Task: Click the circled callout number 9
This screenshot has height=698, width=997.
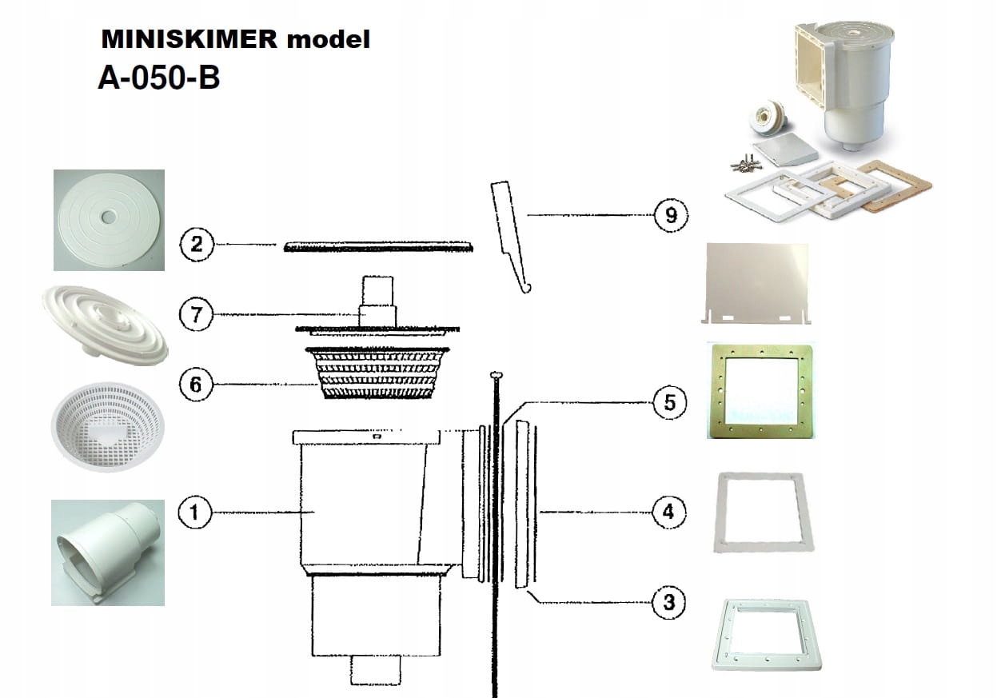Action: point(670,215)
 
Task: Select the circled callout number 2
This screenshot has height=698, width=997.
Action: point(197,245)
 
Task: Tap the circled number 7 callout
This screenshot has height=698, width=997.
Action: point(197,315)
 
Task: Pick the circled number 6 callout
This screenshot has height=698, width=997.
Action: point(197,385)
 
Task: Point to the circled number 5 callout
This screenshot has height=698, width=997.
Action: point(669,402)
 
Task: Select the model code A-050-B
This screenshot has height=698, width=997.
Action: point(158,78)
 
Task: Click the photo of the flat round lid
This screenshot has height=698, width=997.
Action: point(109,220)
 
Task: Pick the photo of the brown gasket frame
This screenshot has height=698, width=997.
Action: point(761,390)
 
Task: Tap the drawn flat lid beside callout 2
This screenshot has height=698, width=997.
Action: point(380,246)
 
